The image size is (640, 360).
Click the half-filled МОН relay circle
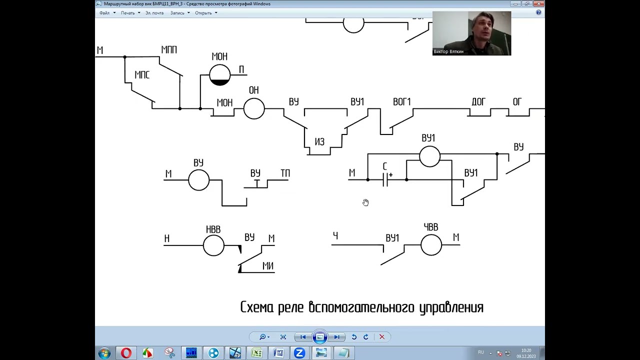click(219, 75)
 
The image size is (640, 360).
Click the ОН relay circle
click(254, 108)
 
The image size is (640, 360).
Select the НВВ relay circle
click(213, 245)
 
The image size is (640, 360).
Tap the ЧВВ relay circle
click(431, 245)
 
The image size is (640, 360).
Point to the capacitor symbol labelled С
click(385, 179)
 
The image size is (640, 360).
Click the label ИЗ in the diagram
click(319, 142)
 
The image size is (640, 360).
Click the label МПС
click(142, 75)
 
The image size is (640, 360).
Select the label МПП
click(169, 50)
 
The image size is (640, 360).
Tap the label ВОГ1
click(401, 102)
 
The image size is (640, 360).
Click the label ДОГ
click(478, 102)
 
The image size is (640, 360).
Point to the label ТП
click(285, 173)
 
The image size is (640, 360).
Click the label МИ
click(268, 266)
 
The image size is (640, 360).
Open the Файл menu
click(104, 13)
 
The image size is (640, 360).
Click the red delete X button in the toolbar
click(382, 337)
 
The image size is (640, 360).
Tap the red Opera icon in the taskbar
click(126, 353)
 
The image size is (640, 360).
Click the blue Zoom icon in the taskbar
click(299, 353)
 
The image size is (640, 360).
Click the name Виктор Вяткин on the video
click(448, 51)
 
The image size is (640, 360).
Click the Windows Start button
click(104, 353)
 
